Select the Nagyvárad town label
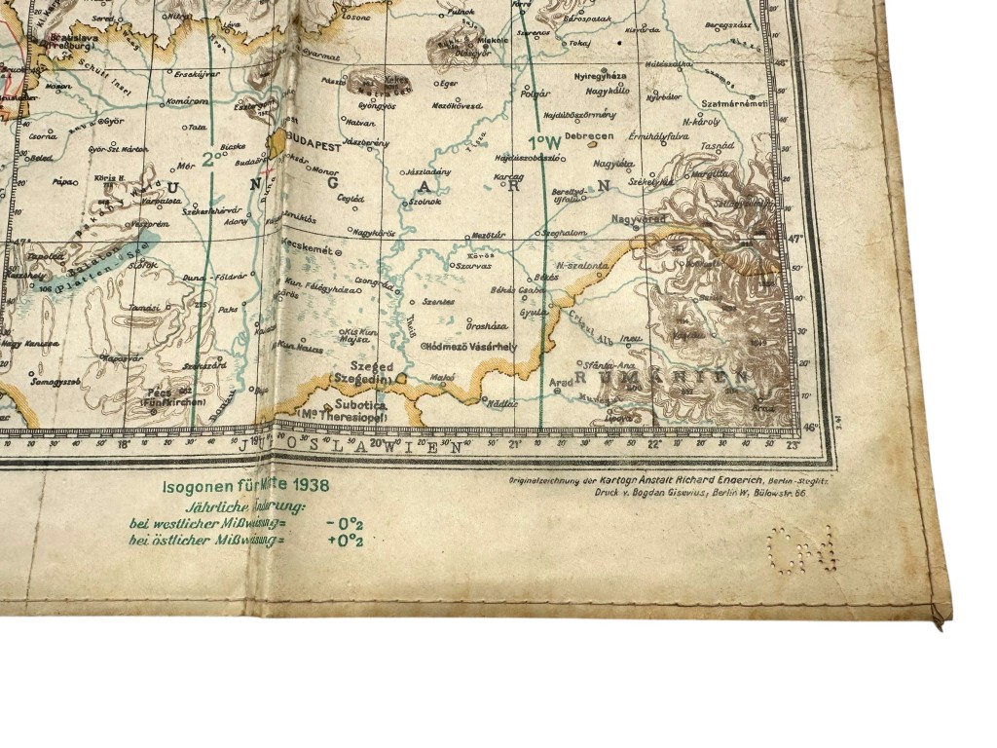(639, 220)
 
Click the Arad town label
(562, 383)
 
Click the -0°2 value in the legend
(345, 522)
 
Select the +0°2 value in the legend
(345, 540)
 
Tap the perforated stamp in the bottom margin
(800, 549)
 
